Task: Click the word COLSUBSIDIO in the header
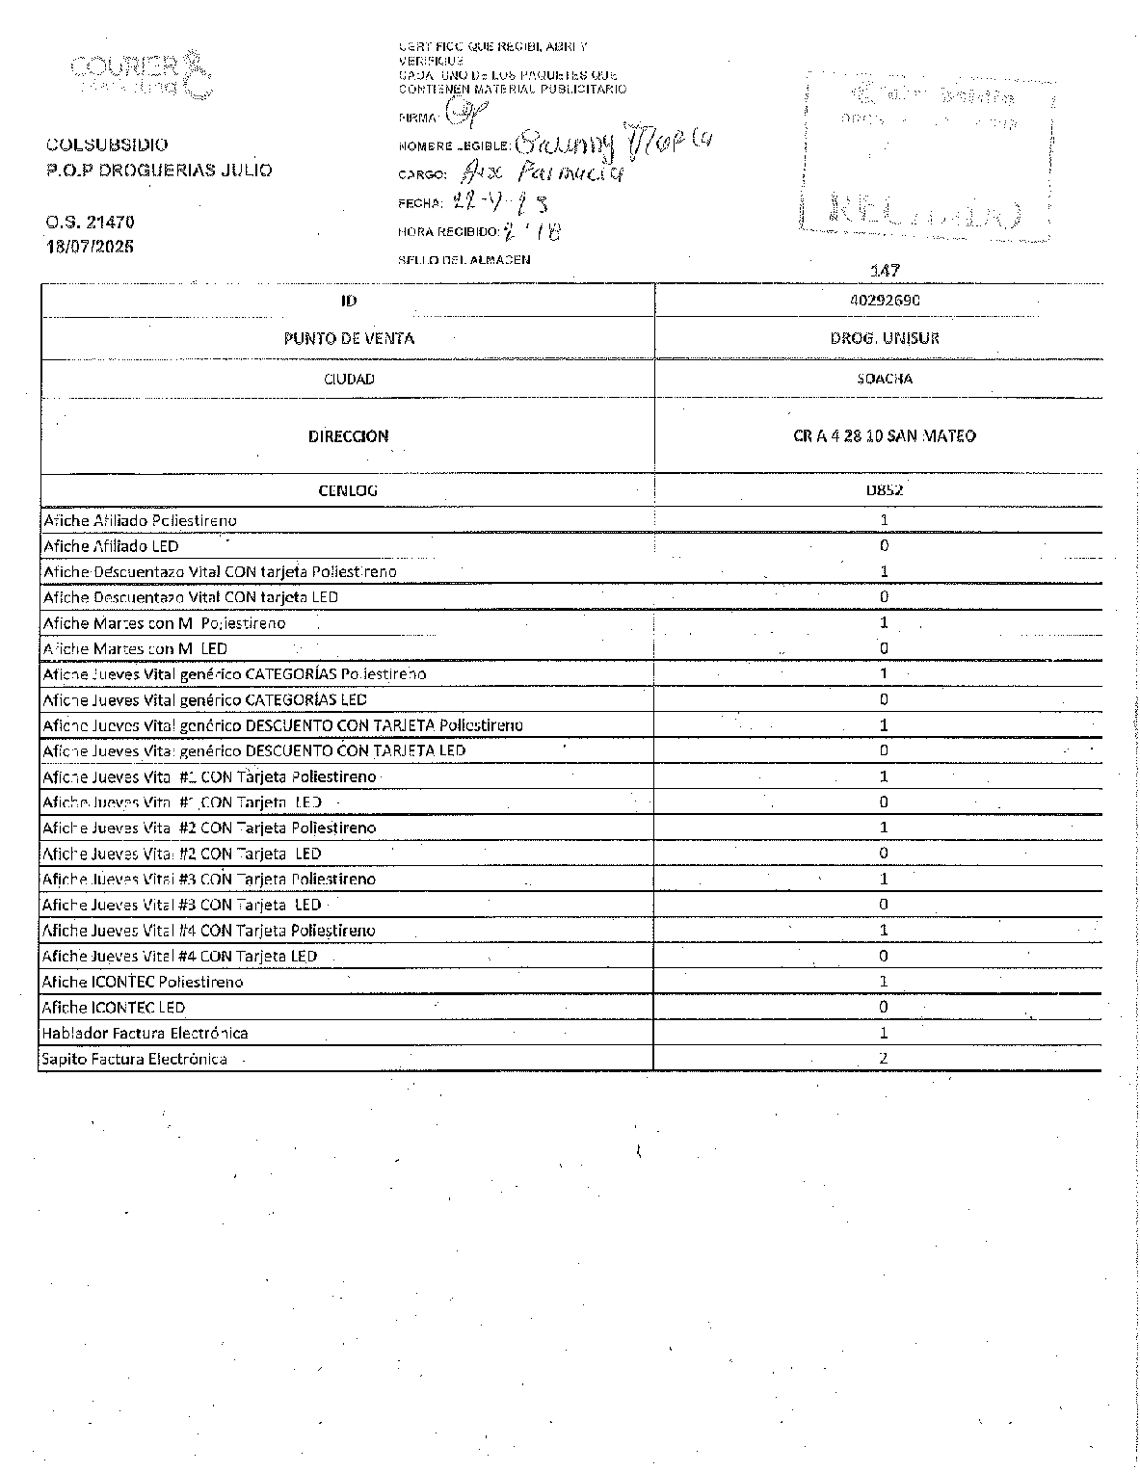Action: coord(107,145)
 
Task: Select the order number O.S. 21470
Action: coord(90,222)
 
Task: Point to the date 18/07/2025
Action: coord(91,246)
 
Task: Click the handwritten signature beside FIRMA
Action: coord(467,115)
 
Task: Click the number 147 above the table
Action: coord(884,271)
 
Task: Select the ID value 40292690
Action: coord(884,300)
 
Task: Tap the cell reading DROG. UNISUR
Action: coord(884,338)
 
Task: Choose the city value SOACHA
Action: coord(884,379)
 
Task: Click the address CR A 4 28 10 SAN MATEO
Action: coord(884,435)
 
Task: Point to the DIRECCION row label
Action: coord(348,435)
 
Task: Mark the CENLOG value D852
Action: coord(884,489)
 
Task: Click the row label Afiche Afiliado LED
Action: coord(111,546)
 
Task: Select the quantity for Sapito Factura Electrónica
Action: coord(884,1058)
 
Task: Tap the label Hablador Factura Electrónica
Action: coord(145,1033)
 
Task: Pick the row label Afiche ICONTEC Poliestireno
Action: coord(143,982)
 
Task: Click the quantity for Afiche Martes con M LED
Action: coord(884,648)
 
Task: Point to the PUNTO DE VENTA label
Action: coord(348,338)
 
